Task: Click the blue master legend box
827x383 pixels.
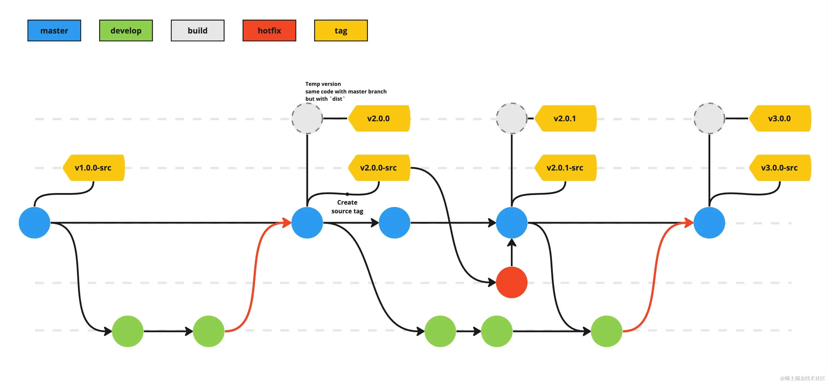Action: pyautogui.click(x=54, y=30)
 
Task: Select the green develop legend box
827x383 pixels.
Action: pyautogui.click(x=126, y=30)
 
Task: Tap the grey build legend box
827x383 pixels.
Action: pyautogui.click(x=197, y=30)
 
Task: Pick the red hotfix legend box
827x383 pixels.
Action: pyautogui.click(x=269, y=30)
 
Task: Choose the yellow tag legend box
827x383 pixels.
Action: pyautogui.click(x=341, y=30)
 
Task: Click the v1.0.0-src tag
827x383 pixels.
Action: pyautogui.click(x=93, y=168)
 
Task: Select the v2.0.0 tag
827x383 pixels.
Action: pyautogui.click(x=379, y=118)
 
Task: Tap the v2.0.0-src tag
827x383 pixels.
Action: pyautogui.click(x=379, y=168)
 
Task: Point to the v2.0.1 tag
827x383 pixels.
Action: pyautogui.click(x=565, y=118)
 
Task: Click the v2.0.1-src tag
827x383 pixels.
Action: pyautogui.click(x=565, y=168)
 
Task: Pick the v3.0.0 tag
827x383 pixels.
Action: pyautogui.click(x=779, y=118)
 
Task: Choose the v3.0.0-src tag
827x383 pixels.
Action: pyautogui.click(x=779, y=168)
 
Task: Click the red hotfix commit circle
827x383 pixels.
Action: pyautogui.click(x=511, y=282)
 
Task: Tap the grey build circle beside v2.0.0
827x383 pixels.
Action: pyautogui.click(x=307, y=118)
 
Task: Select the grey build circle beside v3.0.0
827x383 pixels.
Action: pyautogui.click(x=709, y=118)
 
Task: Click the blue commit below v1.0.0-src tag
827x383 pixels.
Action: pyautogui.click(x=34, y=223)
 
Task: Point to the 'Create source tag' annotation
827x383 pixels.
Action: pyautogui.click(x=347, y=207)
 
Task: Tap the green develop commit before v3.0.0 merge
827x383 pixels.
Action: pyautogui.click(x=606, y=331)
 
